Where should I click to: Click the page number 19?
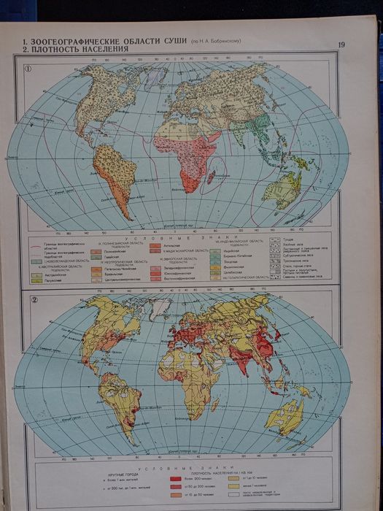click(x=341, y=45)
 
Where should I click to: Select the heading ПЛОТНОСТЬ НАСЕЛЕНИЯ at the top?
click(x=80, y=49)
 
